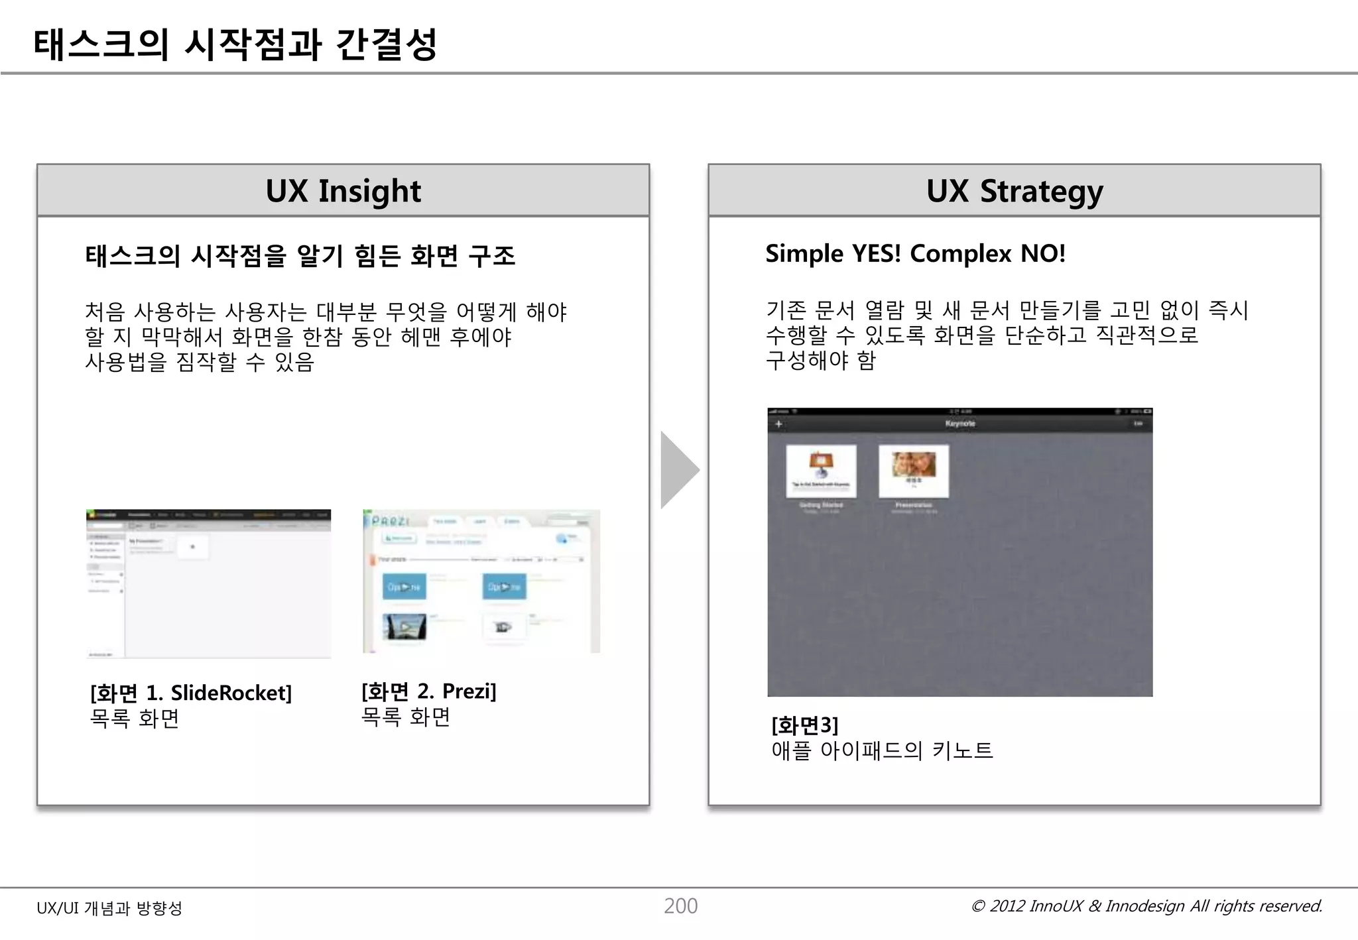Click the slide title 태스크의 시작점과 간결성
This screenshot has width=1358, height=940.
(x=235, y=44)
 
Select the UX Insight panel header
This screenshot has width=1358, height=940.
(x=343, y=191)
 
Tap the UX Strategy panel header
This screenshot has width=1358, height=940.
(x=1014, y=191)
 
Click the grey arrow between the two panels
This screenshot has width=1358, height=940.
(x=678, y=470)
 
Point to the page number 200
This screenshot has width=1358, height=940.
(x=680, y=906)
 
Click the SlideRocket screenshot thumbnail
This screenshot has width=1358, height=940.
(x=208, y=583)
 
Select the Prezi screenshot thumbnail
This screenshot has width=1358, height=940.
(x=481, y=581)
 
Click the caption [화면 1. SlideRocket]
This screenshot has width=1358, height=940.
(x=191, y=693)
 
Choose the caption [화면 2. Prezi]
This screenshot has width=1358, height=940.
(x=428, y=691)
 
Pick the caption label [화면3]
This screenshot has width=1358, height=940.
(x=804, y=725)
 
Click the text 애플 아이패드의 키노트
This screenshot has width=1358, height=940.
(x=882, y=750)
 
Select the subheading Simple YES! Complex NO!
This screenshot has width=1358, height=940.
(x=915, y=254)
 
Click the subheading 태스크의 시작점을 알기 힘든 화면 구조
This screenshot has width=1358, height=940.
(x=300, y=256)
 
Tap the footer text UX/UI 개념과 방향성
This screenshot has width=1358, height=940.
(x=109, y=908)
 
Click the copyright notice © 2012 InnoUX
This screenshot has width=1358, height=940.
(x=1146, y=906)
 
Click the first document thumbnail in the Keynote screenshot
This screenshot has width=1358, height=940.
(x=821, y=471)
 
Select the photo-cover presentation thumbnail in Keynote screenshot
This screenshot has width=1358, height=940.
(x=914, y=471)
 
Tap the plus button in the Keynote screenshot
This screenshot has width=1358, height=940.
(x=779, y=424)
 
